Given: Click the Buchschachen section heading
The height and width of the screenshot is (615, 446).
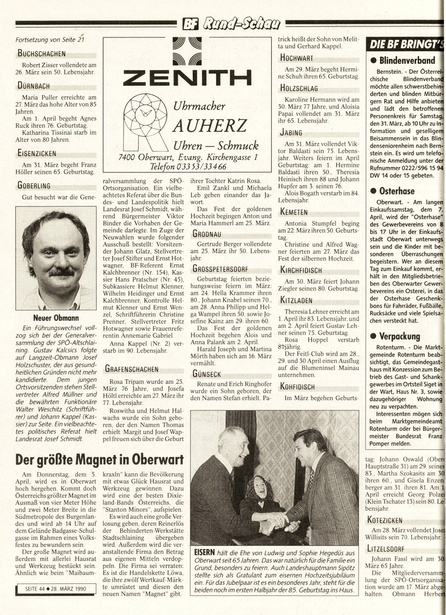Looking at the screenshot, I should point(42,53).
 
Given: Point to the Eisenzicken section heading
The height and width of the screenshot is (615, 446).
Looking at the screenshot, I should point(37,153).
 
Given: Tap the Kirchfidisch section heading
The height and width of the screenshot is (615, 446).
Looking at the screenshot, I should point(301,270).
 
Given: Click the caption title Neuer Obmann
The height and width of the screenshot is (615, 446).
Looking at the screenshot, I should point(56,318).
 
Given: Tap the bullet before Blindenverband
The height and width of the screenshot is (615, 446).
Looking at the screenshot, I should point(373,61).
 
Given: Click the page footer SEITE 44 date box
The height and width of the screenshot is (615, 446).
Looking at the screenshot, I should point(56,588).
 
